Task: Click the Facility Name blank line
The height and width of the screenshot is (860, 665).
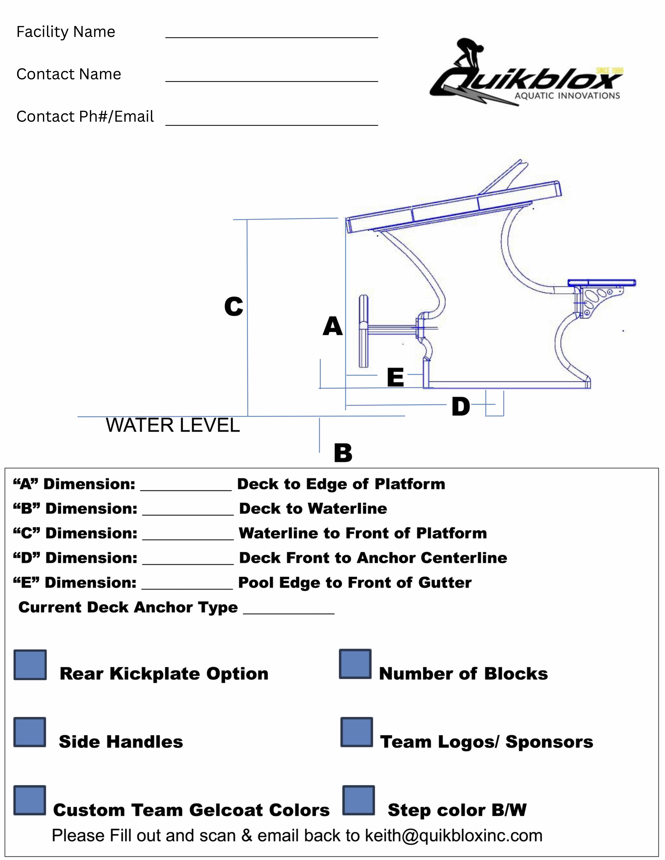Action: [271, 37]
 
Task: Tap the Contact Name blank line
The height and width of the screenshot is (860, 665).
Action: [271, 81]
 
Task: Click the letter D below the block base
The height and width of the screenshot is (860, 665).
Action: [461, 406]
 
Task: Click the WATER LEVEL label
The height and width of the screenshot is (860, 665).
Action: [173, 425]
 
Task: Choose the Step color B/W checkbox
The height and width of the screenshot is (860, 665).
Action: [358, 800]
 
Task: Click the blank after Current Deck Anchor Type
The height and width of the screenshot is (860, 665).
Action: [289, 613]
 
